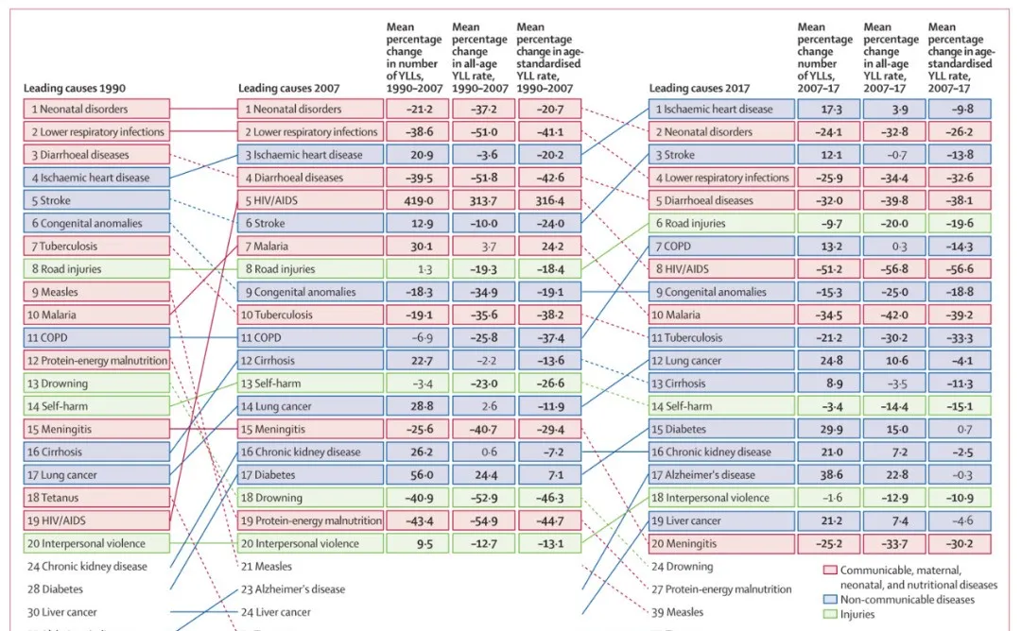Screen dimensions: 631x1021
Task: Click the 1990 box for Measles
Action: tap(96, 292)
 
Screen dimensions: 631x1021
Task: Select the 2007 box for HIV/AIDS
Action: tap(310, 200)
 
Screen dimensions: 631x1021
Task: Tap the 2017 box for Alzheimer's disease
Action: tap(720, 475)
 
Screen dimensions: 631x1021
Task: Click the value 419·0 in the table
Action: tap(414, 200)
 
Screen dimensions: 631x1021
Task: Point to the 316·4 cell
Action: tap(548, 200)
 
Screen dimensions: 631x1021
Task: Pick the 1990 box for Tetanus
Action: tap(96, 498)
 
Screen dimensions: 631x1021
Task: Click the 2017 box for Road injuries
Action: tap(720, 223)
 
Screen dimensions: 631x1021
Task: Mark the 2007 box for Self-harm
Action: tap(310, 384)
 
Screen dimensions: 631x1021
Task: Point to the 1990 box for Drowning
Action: tap(96, 384)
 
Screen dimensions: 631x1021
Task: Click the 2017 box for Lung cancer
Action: tap(720, 361)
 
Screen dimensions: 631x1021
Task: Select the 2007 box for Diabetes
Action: tap(310, 475)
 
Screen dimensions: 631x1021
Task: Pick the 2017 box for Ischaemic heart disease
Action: tap(720, 109)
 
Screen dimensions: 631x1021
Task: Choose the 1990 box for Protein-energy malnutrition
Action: tap(96, 361)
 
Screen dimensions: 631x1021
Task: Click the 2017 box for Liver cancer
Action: tap(720, 520)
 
